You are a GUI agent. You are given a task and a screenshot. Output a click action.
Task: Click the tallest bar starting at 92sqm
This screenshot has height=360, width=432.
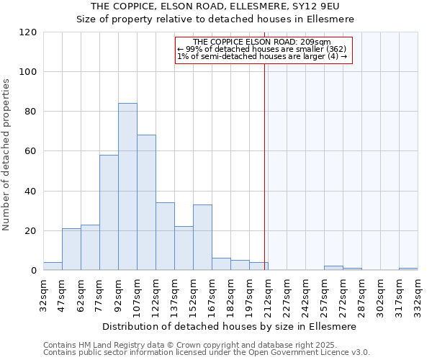point(127,187)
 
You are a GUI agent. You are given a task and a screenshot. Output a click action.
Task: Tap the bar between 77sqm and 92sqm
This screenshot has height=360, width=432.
point(109,212)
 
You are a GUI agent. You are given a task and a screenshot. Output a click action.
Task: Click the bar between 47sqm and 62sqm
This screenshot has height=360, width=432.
point(71,249)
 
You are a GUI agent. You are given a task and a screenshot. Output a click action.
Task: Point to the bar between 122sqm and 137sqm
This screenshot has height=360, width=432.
point(165,237)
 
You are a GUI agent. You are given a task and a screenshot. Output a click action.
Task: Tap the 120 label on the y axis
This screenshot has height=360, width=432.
point(28,32)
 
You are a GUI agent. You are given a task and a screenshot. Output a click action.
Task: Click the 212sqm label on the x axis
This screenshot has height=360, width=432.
point(268,294)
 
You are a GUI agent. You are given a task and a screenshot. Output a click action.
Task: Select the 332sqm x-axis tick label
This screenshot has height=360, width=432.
point(418,294)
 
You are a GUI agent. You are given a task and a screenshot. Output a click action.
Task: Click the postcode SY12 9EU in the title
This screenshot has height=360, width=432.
point(319,6)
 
